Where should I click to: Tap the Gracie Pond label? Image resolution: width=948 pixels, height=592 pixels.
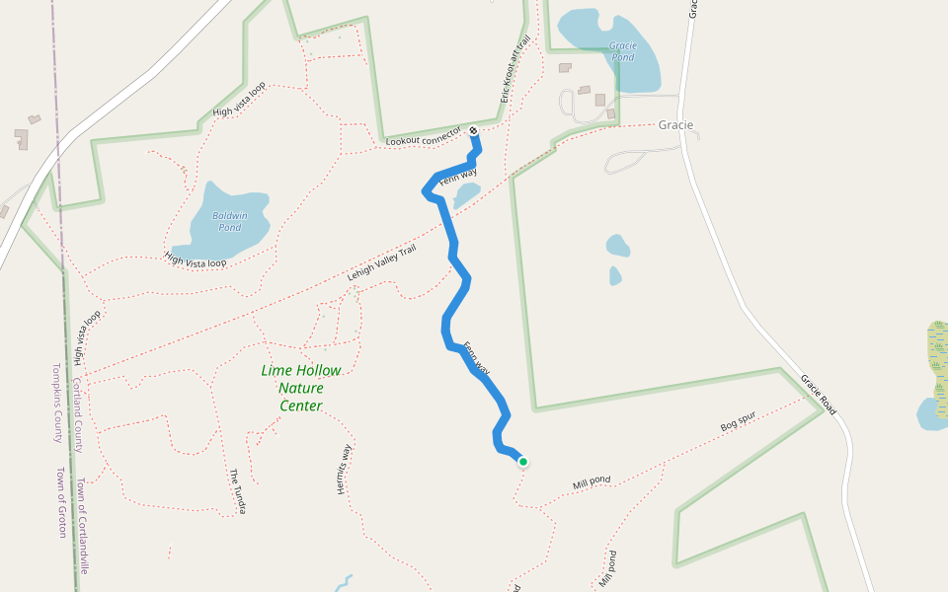tap(622, 51)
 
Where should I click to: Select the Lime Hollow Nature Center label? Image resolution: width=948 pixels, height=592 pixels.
tap(301, 388)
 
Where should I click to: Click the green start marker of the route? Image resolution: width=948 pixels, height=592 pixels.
tap(522, 461)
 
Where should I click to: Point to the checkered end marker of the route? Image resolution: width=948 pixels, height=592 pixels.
tap(474, 131)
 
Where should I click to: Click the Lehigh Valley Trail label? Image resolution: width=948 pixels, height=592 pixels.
tap(381, 263)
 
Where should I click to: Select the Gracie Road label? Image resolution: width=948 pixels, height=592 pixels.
tap(819, 394)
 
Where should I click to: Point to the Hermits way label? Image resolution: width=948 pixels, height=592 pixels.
tap(345, 469)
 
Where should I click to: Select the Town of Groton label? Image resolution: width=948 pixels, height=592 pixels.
tap(60, 502)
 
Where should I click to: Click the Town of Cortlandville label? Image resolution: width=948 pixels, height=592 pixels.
tap(84, 526)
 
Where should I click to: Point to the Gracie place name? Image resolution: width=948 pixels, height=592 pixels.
tap(675, 125)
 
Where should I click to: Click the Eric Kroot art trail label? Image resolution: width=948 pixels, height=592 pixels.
tap(516, 70)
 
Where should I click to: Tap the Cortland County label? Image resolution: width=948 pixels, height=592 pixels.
tap(77, 413)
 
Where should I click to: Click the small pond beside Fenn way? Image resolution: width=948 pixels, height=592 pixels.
tap(467, 193)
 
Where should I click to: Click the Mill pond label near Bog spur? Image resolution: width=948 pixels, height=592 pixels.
tap(592, 482)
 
